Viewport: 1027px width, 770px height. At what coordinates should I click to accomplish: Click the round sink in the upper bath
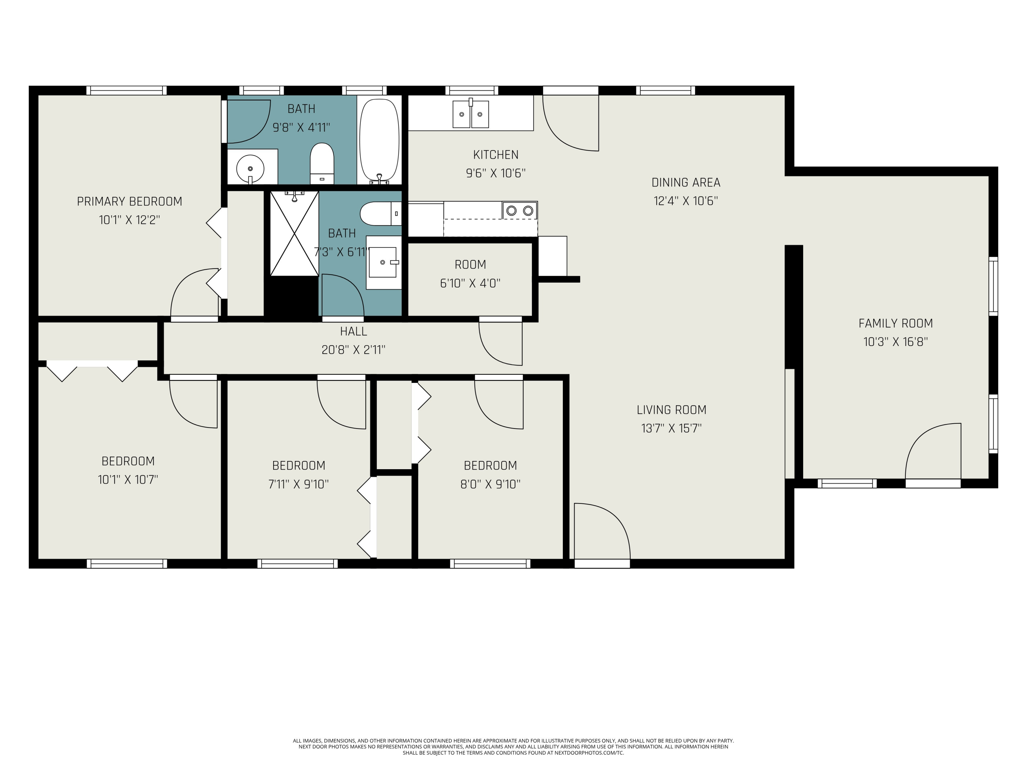(250, 168)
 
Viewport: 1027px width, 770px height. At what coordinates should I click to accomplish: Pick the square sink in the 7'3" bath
(383, 262)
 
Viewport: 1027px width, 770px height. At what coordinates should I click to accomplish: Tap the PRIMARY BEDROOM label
(129, 202)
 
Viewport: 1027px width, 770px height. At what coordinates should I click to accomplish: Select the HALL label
(353, 331)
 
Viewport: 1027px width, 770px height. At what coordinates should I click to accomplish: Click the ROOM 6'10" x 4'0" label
(470, 274)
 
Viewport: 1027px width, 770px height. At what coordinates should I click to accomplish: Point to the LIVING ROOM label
(671, 410)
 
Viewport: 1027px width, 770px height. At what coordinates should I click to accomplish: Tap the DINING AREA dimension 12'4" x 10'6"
(686, 201)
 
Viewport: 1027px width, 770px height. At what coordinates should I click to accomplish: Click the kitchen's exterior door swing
(572, 123)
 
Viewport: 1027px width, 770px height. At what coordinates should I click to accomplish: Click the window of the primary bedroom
(126, 90)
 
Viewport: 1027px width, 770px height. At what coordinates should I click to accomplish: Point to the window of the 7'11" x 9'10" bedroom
(297, 563)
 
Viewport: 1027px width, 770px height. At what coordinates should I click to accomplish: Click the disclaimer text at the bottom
(513, 746)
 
